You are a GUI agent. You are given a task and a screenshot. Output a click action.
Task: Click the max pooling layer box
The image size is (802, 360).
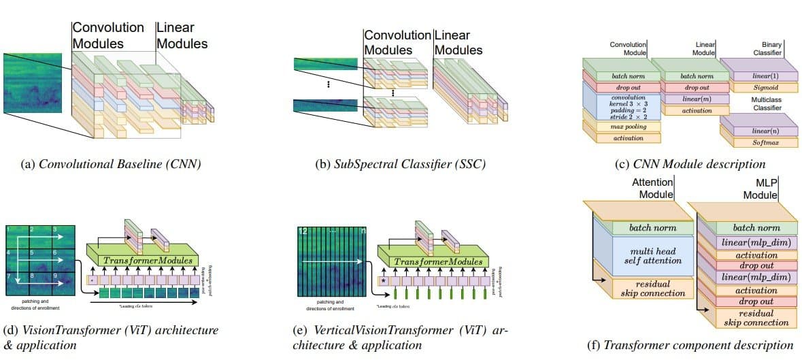(619, 127)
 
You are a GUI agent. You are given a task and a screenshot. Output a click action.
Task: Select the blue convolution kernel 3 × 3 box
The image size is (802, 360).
(619, 107)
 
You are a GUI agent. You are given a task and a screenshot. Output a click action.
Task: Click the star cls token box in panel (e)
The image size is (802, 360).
(384, 279)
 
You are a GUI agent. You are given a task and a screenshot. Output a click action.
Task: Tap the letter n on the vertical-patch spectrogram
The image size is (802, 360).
(363, 232)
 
